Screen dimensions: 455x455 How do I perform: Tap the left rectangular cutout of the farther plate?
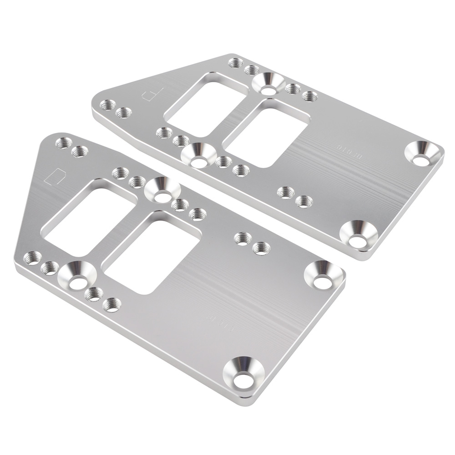[x=205, y=105]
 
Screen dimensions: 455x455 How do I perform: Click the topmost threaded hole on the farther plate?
[x=235, y=63]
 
